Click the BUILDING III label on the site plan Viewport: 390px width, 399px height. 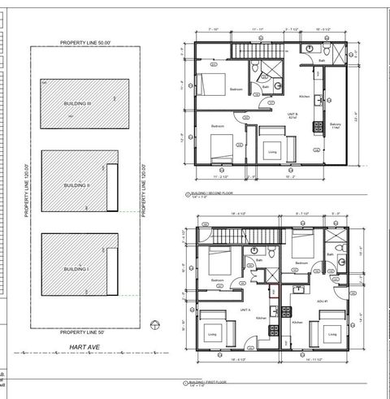point(78,104)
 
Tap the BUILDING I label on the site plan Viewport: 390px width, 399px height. point(76,269)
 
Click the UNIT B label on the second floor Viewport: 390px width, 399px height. point(290,115)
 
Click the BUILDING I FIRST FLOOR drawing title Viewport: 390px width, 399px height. point(210,381)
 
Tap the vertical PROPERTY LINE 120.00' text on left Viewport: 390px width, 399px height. point(26,187)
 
